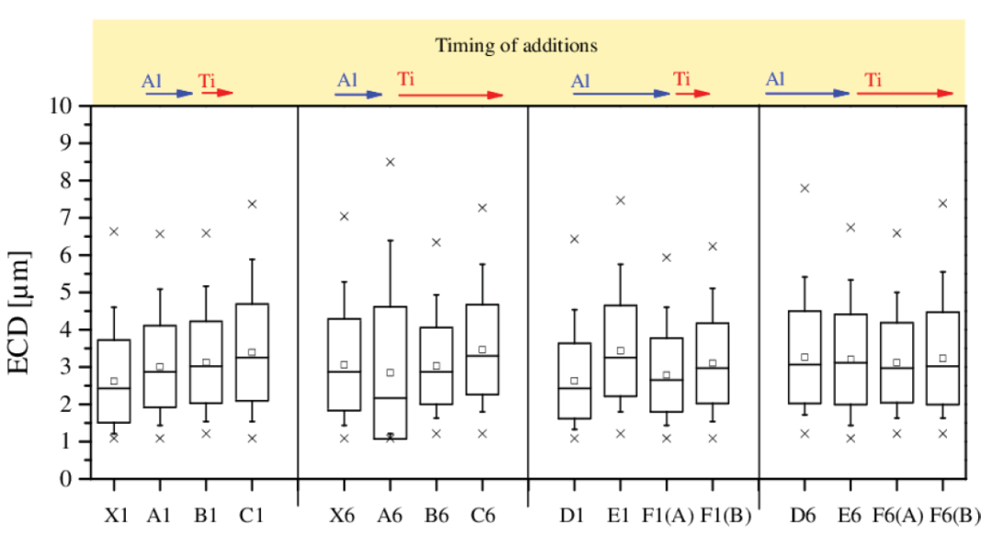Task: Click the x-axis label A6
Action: [x=389, y=518]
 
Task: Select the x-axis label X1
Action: [x=115, y=518]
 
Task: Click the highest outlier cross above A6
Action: [x=390, y=162]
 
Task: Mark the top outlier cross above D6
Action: [x=805, y=188]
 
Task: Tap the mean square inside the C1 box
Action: [x=252, y=352]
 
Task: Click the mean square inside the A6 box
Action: [x=390, y=373]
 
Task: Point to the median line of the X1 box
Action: [x=115, y=388]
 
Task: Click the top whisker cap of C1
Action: [x=252, y=260]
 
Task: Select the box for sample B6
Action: [x=436, y=365]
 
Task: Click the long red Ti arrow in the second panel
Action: [x=450, y=95]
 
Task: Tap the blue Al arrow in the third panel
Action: [x=621, y=94]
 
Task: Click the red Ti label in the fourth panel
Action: [x=873, y=81]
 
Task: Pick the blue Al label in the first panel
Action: [x=152, y=81]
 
